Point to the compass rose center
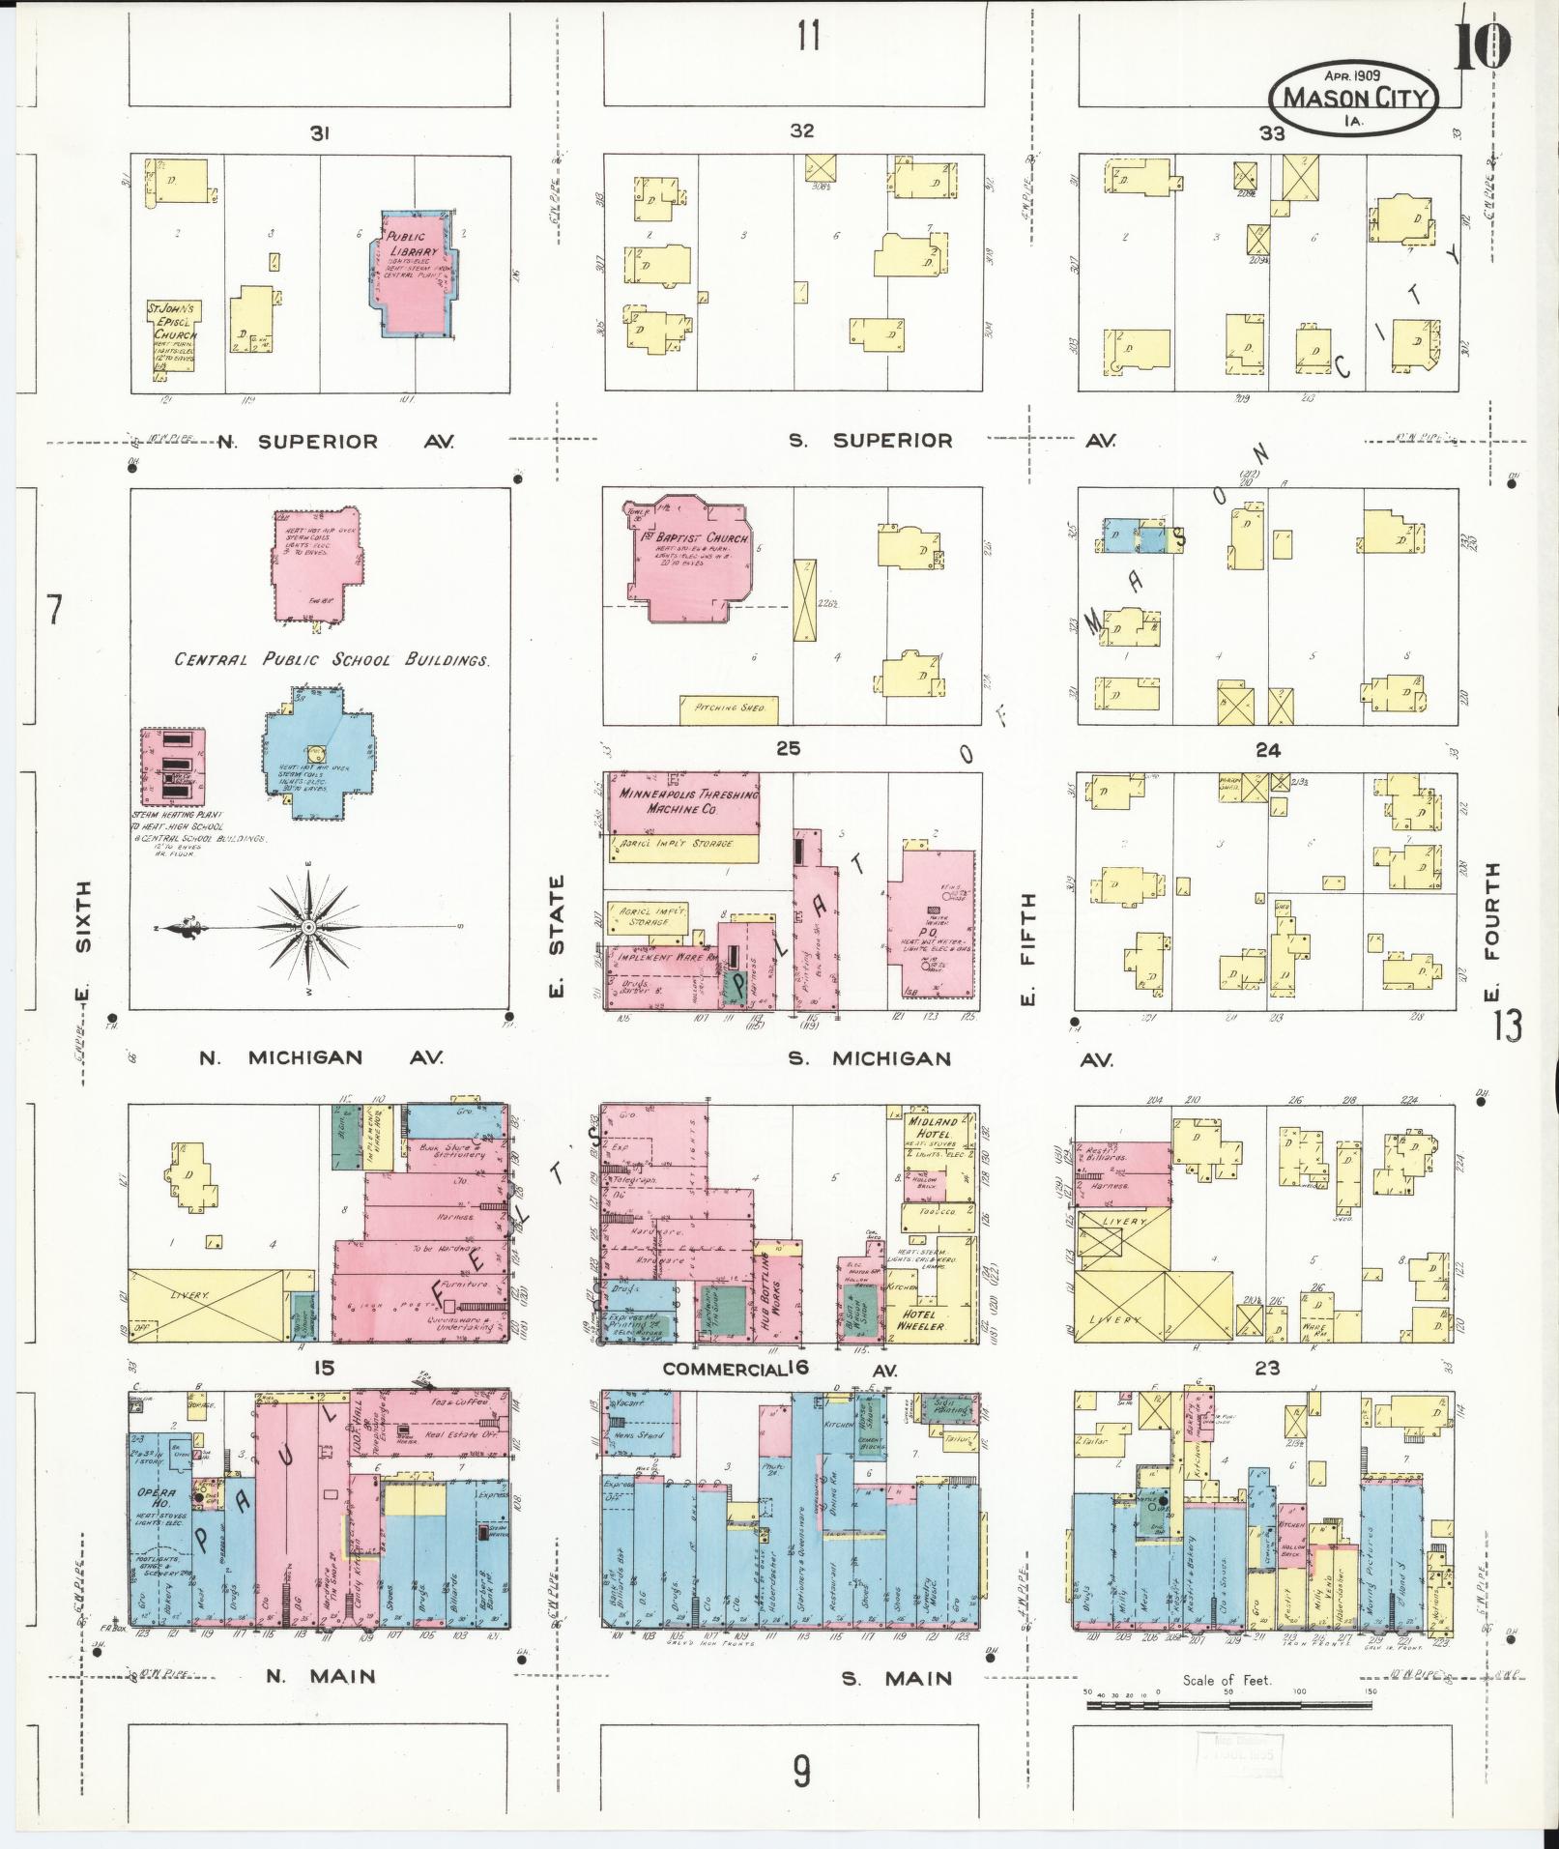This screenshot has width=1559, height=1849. coord(307,927)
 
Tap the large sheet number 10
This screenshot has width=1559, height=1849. coord(1481,45)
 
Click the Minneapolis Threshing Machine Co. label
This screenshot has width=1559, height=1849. coord(680,800)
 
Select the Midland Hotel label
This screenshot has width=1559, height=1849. coord(932,1127)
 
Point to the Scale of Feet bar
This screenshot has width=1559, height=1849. coord(1227,1705)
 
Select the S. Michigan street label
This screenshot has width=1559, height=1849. coord(868,1058)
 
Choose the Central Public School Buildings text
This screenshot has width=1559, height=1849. coord(332,660)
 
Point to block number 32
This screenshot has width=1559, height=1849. coord(801,130)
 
